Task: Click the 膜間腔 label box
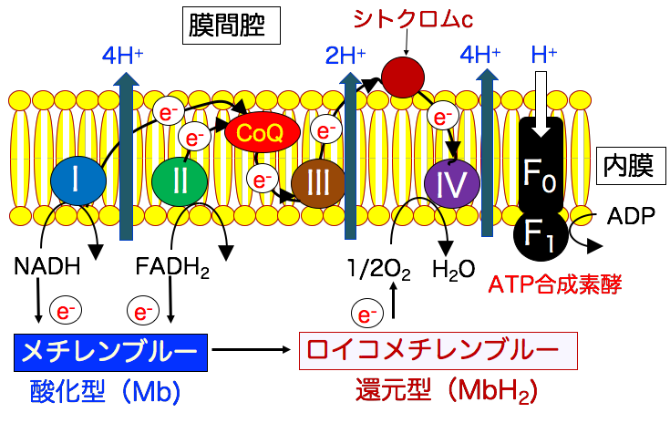(236, 26)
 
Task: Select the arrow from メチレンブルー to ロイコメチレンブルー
(254, 347)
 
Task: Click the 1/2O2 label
(375, 270)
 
